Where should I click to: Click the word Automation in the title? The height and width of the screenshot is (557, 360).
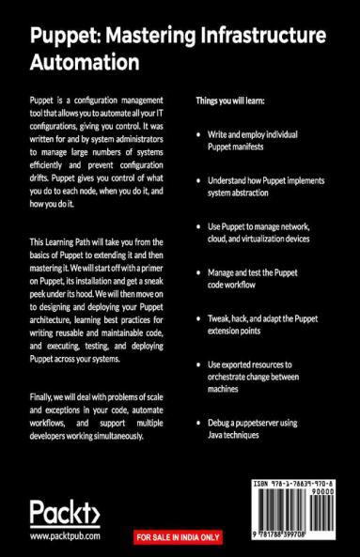click(86, 62)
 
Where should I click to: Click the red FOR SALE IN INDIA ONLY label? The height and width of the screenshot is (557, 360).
click(179, 538)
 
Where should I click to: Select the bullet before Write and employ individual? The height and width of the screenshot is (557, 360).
click(197, 134)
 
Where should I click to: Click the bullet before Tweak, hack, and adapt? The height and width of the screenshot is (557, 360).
click(197, 318)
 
